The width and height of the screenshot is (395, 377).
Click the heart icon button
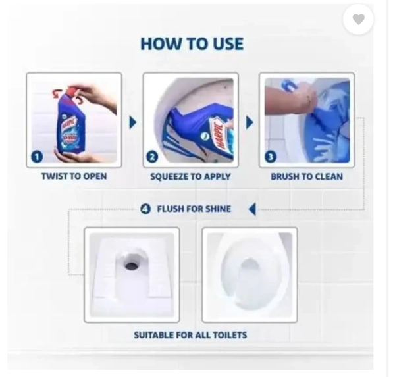tap(358, 19)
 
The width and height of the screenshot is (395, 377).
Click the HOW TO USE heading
tap(192, 44)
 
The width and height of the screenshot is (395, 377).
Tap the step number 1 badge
tap(37, 157)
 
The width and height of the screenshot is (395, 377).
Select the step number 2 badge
tap(153, 157)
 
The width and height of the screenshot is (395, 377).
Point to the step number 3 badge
tap(271, 157)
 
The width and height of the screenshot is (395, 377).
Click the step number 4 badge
tap(145, 209)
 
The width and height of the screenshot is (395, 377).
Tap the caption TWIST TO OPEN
tap(74, 176)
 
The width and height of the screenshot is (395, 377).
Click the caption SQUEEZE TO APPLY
tap(190, 176)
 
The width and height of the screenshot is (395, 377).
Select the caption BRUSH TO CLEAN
tap(307, 176)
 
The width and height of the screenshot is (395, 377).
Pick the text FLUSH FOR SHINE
tap(194, 209)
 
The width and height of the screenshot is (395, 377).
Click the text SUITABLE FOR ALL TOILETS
tap(190, 335)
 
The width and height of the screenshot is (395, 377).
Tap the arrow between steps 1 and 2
tap(133, 122)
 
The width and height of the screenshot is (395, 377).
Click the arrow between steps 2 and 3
tap(250, 122)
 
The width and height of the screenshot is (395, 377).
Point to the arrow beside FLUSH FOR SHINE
tap(252, 209)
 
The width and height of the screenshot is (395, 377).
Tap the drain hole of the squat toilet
tap(132, 265)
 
